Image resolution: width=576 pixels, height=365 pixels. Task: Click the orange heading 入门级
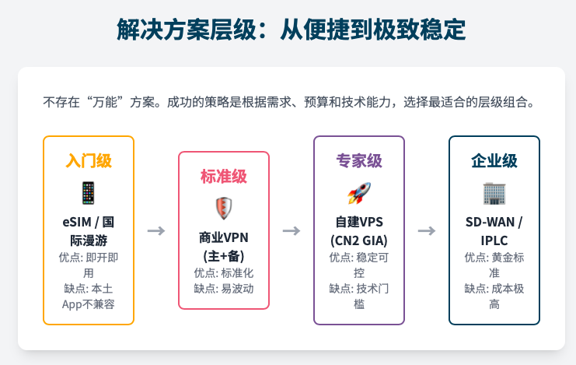(x=89, y=161)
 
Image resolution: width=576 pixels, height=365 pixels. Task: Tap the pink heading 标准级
(x=223, y=177)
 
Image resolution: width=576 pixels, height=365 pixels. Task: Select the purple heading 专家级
(x=358, y=161)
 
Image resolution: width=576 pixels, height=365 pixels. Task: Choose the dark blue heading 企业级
(x=494, y=161)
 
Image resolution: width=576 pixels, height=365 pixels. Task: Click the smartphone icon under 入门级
(x=89, y=192)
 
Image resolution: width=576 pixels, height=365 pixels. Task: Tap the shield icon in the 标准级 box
(x=223, y=208)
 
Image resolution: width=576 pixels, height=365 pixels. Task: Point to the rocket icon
(x=358, y=192)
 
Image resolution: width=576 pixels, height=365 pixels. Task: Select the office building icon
(x=494, y=192)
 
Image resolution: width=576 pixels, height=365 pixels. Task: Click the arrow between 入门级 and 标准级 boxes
(x=156, y=230)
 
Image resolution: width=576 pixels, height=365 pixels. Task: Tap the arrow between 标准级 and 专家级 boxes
(x=291, y=230)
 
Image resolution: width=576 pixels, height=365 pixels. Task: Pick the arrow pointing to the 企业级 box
(x=426, y=230)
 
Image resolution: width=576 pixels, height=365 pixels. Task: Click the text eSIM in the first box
(x=77, y=223)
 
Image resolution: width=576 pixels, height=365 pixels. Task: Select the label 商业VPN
(x=223, y=237)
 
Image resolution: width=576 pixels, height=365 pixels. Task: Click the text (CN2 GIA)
(x=358, y=240)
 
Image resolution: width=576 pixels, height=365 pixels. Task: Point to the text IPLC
(x=494, y=240)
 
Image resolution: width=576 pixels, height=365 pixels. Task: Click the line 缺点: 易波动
(x=223, y=289)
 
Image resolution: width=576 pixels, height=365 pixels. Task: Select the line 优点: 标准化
(x=223, y=272)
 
